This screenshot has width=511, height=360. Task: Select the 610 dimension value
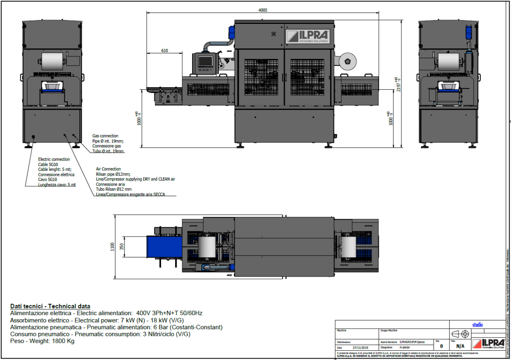164,51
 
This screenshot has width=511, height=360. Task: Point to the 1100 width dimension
113,246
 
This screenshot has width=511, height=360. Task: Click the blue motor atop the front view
231,31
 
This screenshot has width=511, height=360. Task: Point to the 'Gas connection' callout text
105,136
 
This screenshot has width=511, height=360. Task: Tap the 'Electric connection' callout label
54,159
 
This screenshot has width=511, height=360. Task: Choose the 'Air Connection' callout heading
108,169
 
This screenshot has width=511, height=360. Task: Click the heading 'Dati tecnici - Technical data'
50,306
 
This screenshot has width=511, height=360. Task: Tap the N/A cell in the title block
460,346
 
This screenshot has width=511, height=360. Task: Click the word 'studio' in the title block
477,325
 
